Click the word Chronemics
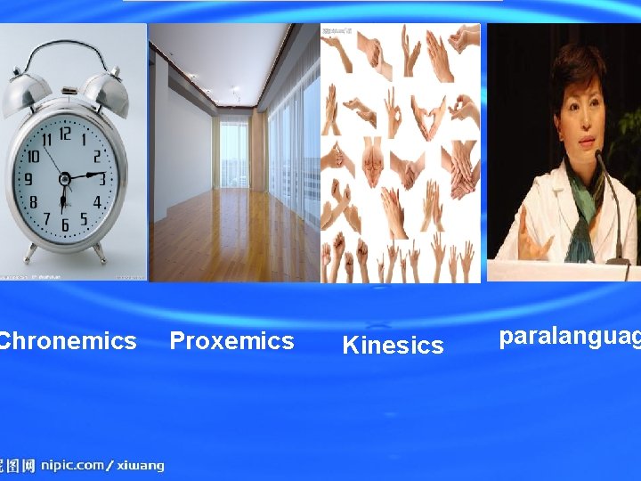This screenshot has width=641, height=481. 68,341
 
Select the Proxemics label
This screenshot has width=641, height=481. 231,341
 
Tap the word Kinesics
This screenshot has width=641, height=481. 393,346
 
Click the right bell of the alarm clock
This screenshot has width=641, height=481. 105,89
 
